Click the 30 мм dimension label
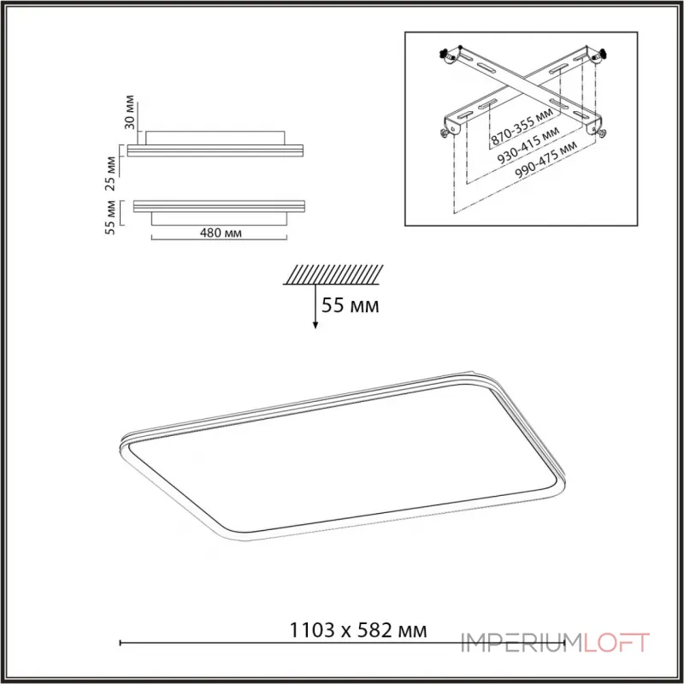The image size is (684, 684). [x=130, y=112]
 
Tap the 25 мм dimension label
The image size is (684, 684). [x=111, y=174]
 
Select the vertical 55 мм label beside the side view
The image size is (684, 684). [x=110, y=218]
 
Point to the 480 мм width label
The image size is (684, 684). [x=221, y=233]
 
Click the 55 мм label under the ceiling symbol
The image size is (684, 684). [x=351, y=305]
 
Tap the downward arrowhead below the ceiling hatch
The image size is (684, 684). [x=315, y=326]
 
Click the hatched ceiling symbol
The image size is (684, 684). [x=333, y=274]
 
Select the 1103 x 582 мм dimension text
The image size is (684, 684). [x=358, y=630]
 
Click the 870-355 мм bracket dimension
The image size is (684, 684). [x=522, y=126]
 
